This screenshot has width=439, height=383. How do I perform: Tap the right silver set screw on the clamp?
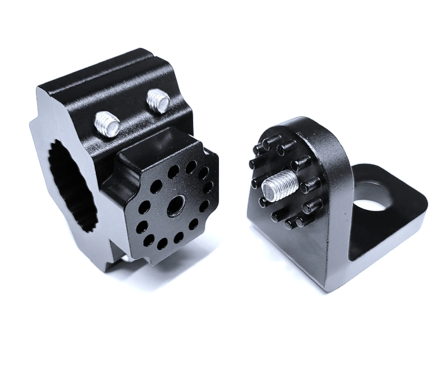click(157, 99)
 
